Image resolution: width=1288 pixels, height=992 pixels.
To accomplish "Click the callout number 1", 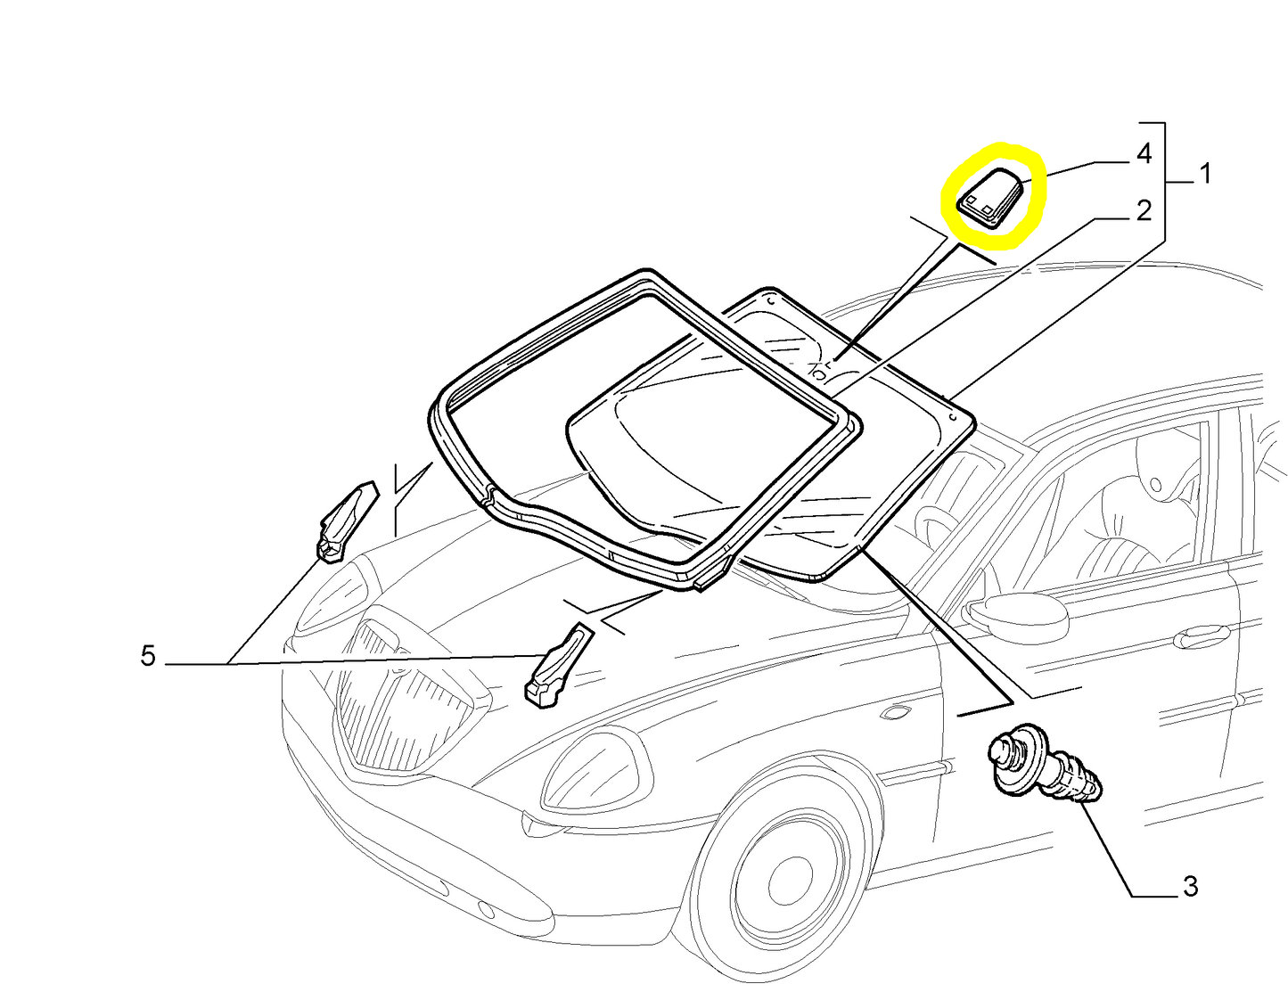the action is tap(1204, 174).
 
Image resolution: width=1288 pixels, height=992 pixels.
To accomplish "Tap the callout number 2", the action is tap(1144, 210).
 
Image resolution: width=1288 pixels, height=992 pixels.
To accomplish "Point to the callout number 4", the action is tap(1144, 153).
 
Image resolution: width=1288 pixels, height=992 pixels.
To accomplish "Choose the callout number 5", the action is tap(148, 656).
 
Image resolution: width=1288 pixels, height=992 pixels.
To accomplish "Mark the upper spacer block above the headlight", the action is tap(347, 521).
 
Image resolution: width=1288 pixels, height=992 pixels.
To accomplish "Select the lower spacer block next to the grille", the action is tap(558, 666).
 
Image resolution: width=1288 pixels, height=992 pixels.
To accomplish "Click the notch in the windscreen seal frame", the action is tap(489, 495).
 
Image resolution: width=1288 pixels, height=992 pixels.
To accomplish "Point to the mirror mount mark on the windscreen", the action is tap(819, 372).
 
